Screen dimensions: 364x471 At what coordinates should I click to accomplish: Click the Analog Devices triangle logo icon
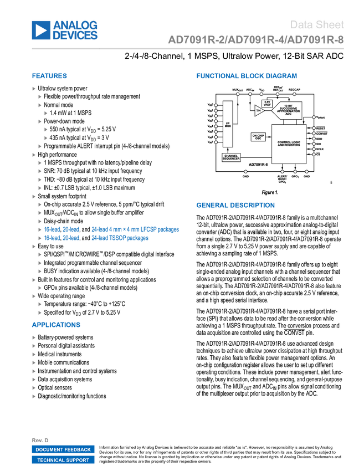[x=40, y=30]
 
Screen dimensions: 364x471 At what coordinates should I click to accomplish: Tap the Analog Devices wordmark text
[x=76, y=30]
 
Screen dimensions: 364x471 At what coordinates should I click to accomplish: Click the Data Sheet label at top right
[x=317, y=24]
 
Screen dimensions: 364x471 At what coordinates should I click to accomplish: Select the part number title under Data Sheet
[x=256, y=39]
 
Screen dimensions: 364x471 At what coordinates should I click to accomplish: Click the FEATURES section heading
[x=49, y=76]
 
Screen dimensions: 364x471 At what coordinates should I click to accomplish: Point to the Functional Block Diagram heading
[x=246, y=76]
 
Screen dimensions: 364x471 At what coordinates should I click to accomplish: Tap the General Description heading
[x=235, y=205]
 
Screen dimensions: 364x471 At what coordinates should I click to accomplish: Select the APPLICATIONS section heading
[x=57, y=325]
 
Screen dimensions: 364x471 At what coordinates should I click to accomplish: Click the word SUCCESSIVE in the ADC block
[x=289, y=108]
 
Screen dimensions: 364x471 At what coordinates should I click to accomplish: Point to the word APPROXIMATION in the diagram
[x=289, y=111]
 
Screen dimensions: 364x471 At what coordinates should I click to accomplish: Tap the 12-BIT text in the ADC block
[x=289, y=105]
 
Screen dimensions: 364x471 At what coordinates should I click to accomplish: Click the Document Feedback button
[x=63, y=449]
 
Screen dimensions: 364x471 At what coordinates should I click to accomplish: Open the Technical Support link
[x=63, y=460]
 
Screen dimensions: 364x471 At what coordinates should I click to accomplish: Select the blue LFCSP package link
[x=135, y=229]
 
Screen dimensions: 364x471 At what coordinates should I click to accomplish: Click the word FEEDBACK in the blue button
[x=77, y=449]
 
